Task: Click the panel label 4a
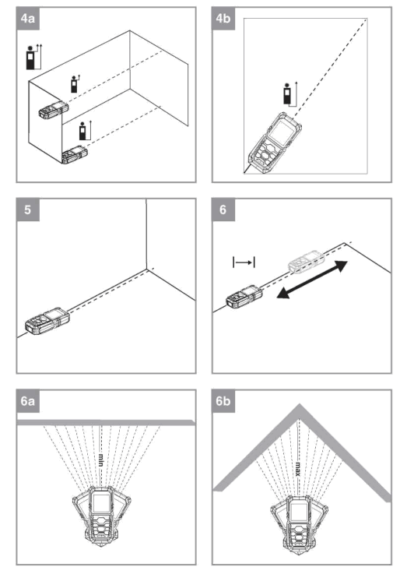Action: (x=28, y=19)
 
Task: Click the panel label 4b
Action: (x=223, y=19)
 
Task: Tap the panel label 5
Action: (x=28, y=210)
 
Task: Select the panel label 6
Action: (x=223, y=210)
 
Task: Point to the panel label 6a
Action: (x=28, y=401)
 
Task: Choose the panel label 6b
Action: (x=223, y=401)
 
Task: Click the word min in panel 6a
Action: (x=100, y=460)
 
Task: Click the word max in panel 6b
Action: (x=298, y=469)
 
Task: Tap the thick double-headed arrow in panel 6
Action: (x=312, y=280)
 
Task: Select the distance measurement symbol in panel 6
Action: (x=244, y=262)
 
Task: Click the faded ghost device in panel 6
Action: (x=306, y=261)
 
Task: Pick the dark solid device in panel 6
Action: (x=244, y=297)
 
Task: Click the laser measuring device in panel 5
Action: (x=47, y=322)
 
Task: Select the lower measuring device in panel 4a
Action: (x=75, y=154)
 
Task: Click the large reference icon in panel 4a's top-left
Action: (x=33, y=57)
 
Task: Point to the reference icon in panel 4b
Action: (x=289, y=94)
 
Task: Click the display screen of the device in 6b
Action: (x=298, y=509)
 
